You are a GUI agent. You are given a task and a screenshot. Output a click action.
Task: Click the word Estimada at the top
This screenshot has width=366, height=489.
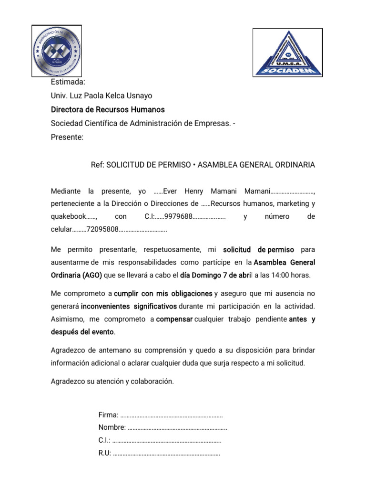tap(68, 82)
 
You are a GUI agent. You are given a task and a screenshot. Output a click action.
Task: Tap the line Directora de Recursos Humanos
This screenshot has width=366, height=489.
tap(108, 110)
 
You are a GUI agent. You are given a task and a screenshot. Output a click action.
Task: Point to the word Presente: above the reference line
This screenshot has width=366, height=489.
tap(67, 138)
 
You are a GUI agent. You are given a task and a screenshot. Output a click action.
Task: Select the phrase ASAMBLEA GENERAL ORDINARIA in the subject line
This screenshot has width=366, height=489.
tap(256, 165)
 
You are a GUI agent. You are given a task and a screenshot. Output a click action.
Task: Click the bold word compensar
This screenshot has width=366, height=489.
tap(174, 319)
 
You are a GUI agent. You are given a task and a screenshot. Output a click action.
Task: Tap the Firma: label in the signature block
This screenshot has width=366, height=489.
tap(108, 415)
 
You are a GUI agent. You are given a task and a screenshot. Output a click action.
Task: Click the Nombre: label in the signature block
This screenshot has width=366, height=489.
tap(112, 427)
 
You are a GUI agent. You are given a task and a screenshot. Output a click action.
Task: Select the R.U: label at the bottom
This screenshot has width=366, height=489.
tap(105, 453)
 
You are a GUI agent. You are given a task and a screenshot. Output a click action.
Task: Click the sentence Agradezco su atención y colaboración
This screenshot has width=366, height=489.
tap(112, 382)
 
